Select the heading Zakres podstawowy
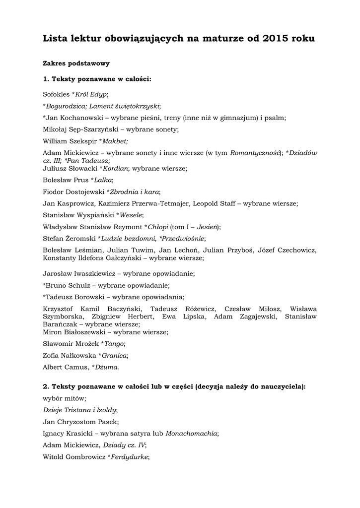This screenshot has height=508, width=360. (x=76, y=63)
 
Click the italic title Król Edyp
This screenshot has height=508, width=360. (x=91, y=94)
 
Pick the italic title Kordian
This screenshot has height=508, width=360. (x=116, y=168)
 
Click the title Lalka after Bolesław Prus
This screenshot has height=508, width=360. (x=103, y=180)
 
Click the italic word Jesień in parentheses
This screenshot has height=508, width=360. (x=205, y=227)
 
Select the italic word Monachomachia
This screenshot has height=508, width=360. (x=192, y=433)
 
